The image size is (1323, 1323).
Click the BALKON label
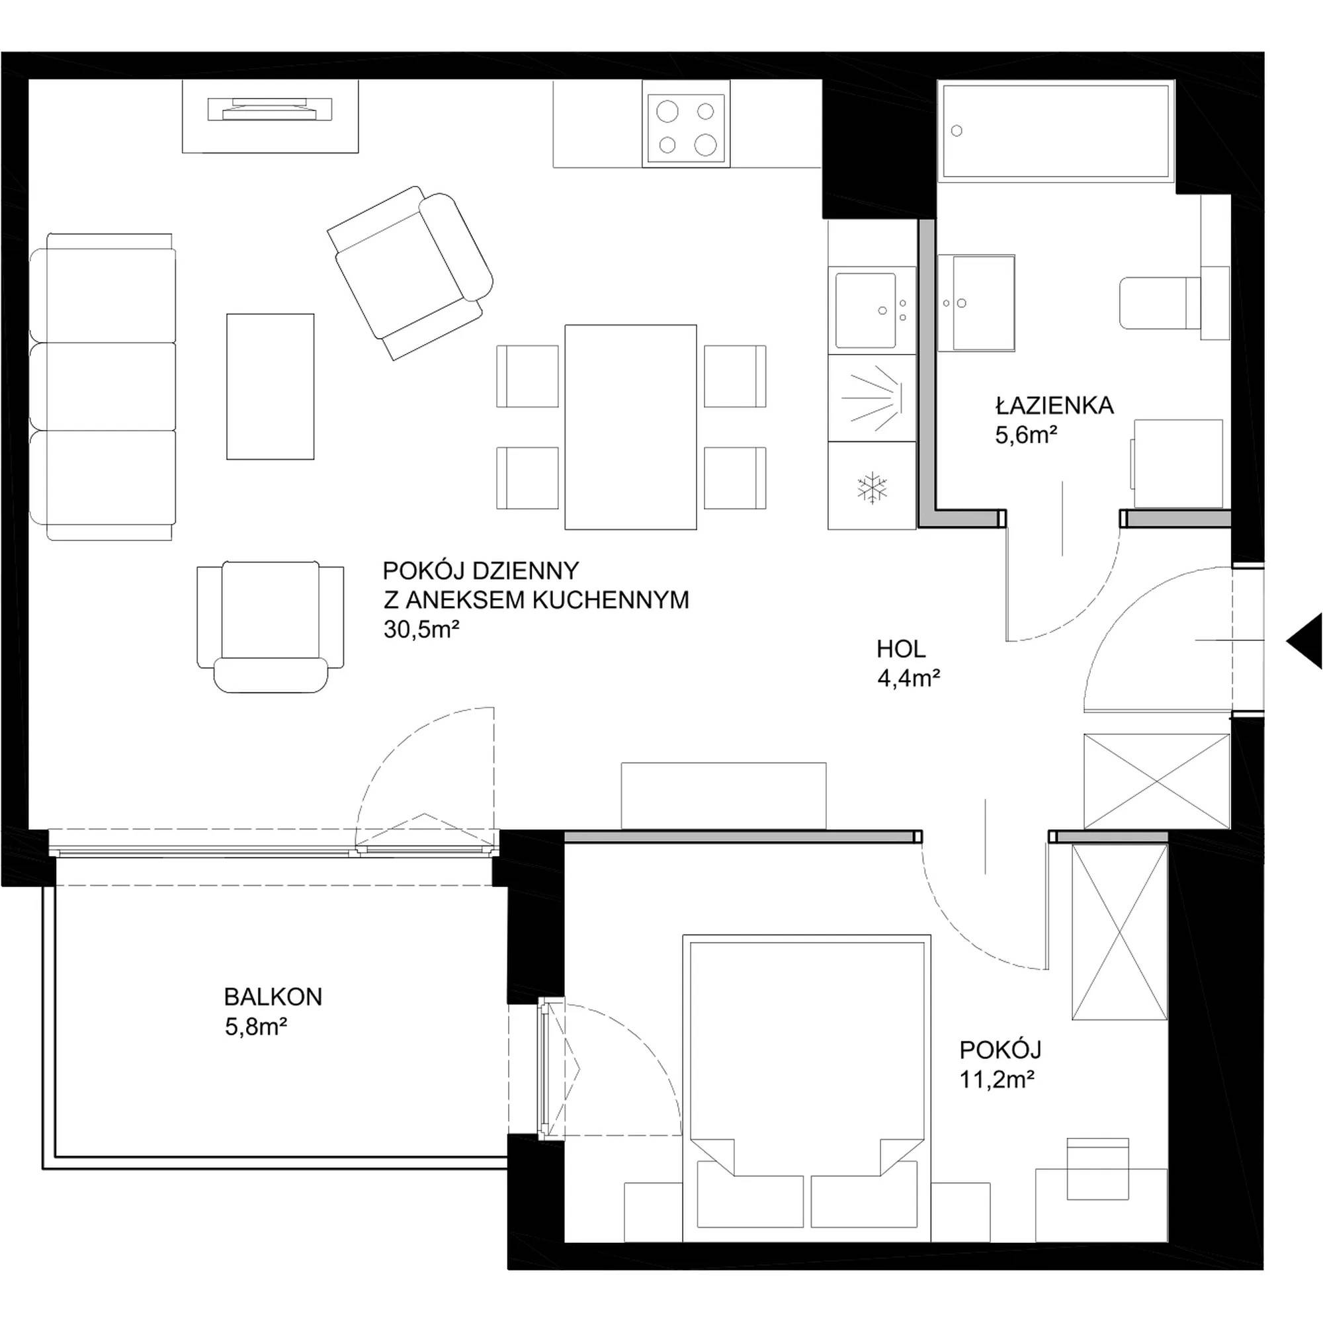[x=273, y=996]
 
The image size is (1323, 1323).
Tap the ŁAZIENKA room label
[x=1054, y=405]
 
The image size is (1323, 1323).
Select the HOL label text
[x=901, y=648]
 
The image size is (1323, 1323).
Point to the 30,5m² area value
[x=421, y=628]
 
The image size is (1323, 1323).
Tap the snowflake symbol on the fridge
[x=872, y=488]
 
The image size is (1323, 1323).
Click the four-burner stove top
[x=686, y=128]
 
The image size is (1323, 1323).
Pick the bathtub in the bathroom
[x=1056, y=130]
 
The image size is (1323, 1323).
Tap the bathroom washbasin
[x=976, y=303]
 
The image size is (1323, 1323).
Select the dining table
[x=630, y=427]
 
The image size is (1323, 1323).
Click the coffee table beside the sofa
[x=271, y=386]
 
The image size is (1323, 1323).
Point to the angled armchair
[x=410, y=273]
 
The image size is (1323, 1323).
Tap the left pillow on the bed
[x=750, y=1202]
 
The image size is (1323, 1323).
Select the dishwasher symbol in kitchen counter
[x=872, y=397]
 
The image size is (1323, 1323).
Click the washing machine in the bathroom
[x=1177, y=464]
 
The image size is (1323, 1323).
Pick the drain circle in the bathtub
[x=957, y=131]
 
